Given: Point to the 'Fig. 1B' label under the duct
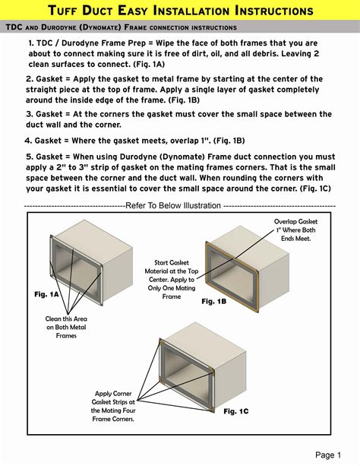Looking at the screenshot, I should (214, 302).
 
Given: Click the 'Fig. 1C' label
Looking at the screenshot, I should (235, 411).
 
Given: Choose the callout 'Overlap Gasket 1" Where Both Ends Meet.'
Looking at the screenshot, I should (295, 230).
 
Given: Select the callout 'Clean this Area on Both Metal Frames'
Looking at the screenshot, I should (67, 327).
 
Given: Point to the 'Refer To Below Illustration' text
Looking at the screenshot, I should (173, 205).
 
